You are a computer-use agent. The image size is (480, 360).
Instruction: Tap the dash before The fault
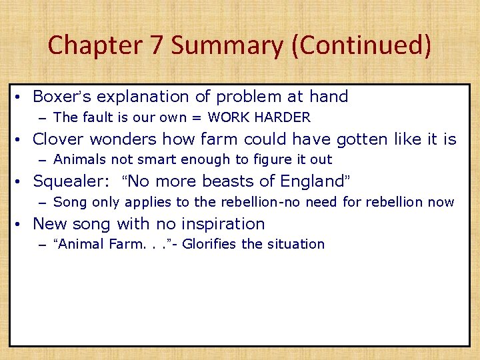43,118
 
